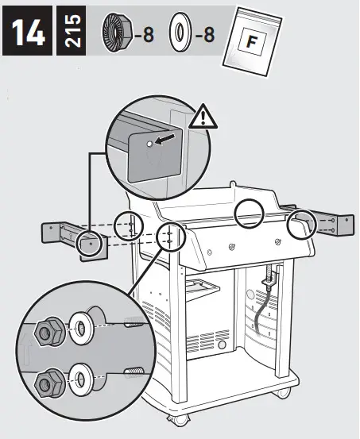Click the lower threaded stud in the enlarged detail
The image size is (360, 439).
click(x=133, y=371)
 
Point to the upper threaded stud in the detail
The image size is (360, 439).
click(x=133, y=322)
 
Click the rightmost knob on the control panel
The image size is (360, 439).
click(x=277, y=241)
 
